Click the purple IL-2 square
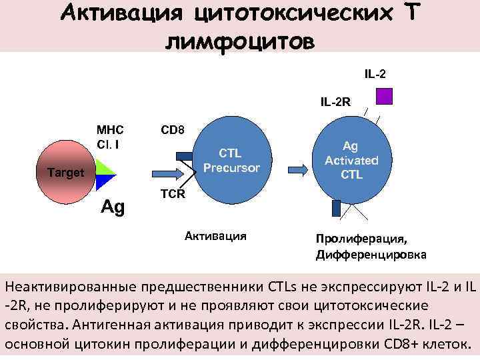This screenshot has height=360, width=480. tap(384, 96)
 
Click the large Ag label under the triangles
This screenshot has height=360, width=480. tap(113, 207)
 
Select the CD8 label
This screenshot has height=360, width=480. tap(173, 129)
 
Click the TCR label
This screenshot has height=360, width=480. tap(173, 194)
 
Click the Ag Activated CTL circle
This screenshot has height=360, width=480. tap(351, 160)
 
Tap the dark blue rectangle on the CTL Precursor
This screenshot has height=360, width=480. tap(184, 157)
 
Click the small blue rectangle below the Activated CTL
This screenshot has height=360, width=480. tap(336, 209)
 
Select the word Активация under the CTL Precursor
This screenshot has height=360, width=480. tap(215, 235)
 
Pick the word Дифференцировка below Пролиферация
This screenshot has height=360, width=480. tap(371, 255)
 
